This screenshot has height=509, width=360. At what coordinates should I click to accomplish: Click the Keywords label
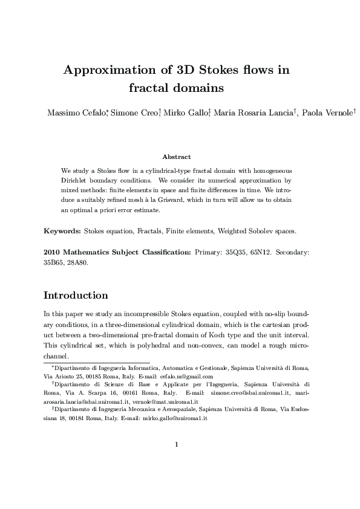(x=62, y=231)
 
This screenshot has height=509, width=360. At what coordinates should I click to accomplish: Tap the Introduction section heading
(x=76, y=296)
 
